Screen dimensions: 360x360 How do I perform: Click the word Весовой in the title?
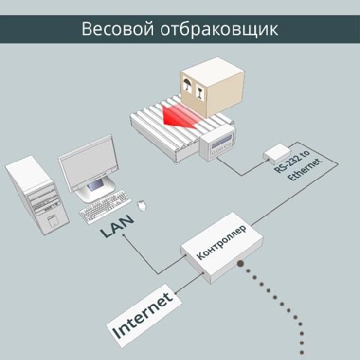coord(118,29)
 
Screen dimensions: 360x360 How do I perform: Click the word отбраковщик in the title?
coord(219,29)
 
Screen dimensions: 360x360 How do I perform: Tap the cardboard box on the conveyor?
coord(212,87)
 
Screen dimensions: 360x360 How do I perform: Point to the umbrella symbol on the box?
coord(187,85)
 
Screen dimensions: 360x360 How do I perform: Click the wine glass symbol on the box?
coord(199,91)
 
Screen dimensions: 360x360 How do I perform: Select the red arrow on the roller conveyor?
coord(178,115)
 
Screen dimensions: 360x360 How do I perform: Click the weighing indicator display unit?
coord(217,145)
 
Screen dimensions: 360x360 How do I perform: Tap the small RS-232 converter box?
coord(277,154)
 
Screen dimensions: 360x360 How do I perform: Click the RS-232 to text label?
coord(292,162)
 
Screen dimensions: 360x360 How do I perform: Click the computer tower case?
coord(37,195)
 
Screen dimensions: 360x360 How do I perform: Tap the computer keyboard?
coord(105,206)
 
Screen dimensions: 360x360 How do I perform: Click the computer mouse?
coord(142,205)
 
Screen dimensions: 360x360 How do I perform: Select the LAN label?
coord(117,226)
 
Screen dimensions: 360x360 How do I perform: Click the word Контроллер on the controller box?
coord(221,242)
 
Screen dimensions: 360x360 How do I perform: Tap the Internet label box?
coord(144,316)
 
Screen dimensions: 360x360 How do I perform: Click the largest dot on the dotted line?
coord(241,263)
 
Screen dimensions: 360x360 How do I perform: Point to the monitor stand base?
coord(95,190)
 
